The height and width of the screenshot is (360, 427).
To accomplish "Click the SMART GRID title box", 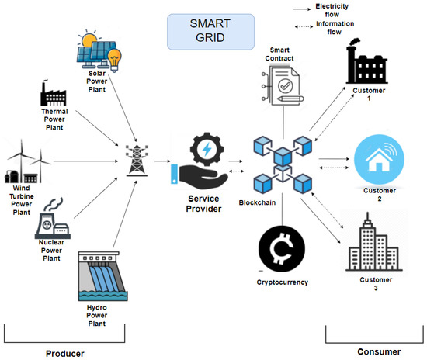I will point(207,35).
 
